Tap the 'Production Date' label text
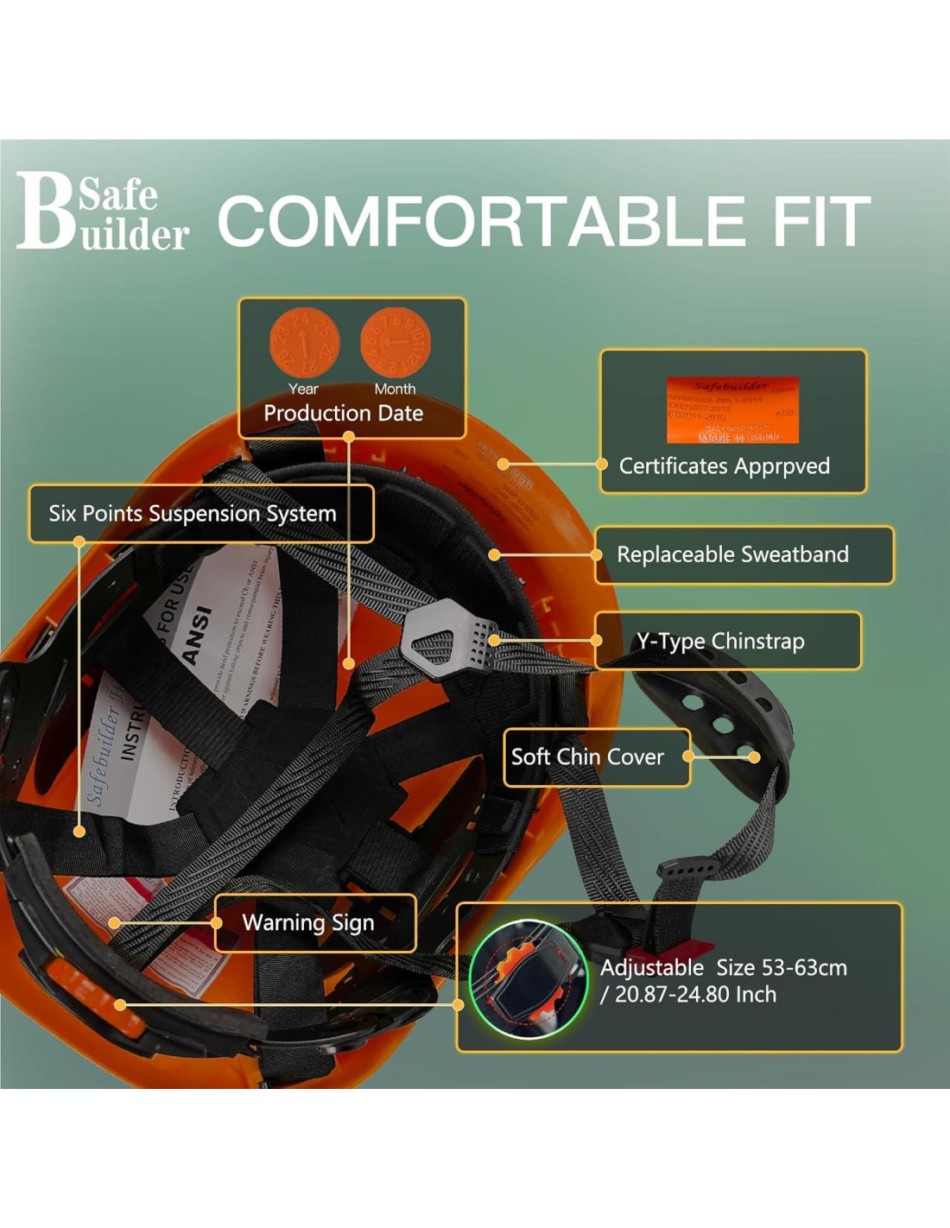[x=343, y=414]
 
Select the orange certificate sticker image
[x=732, y=409]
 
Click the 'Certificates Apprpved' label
[x=724, y=466]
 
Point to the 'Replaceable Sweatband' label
[x=732, y=554]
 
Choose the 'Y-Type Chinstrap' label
[x=720, y=641]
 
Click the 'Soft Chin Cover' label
[x=587, y=757]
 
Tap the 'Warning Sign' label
[x=308, y=923]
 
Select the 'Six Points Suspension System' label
[x=193, y=514]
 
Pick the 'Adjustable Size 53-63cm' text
[x=724, y=968]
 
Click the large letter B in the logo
[x=44, y=212]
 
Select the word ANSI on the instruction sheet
[x=198, y=635]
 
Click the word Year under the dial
[x=303, y=389]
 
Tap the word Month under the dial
[x=395, y=389]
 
